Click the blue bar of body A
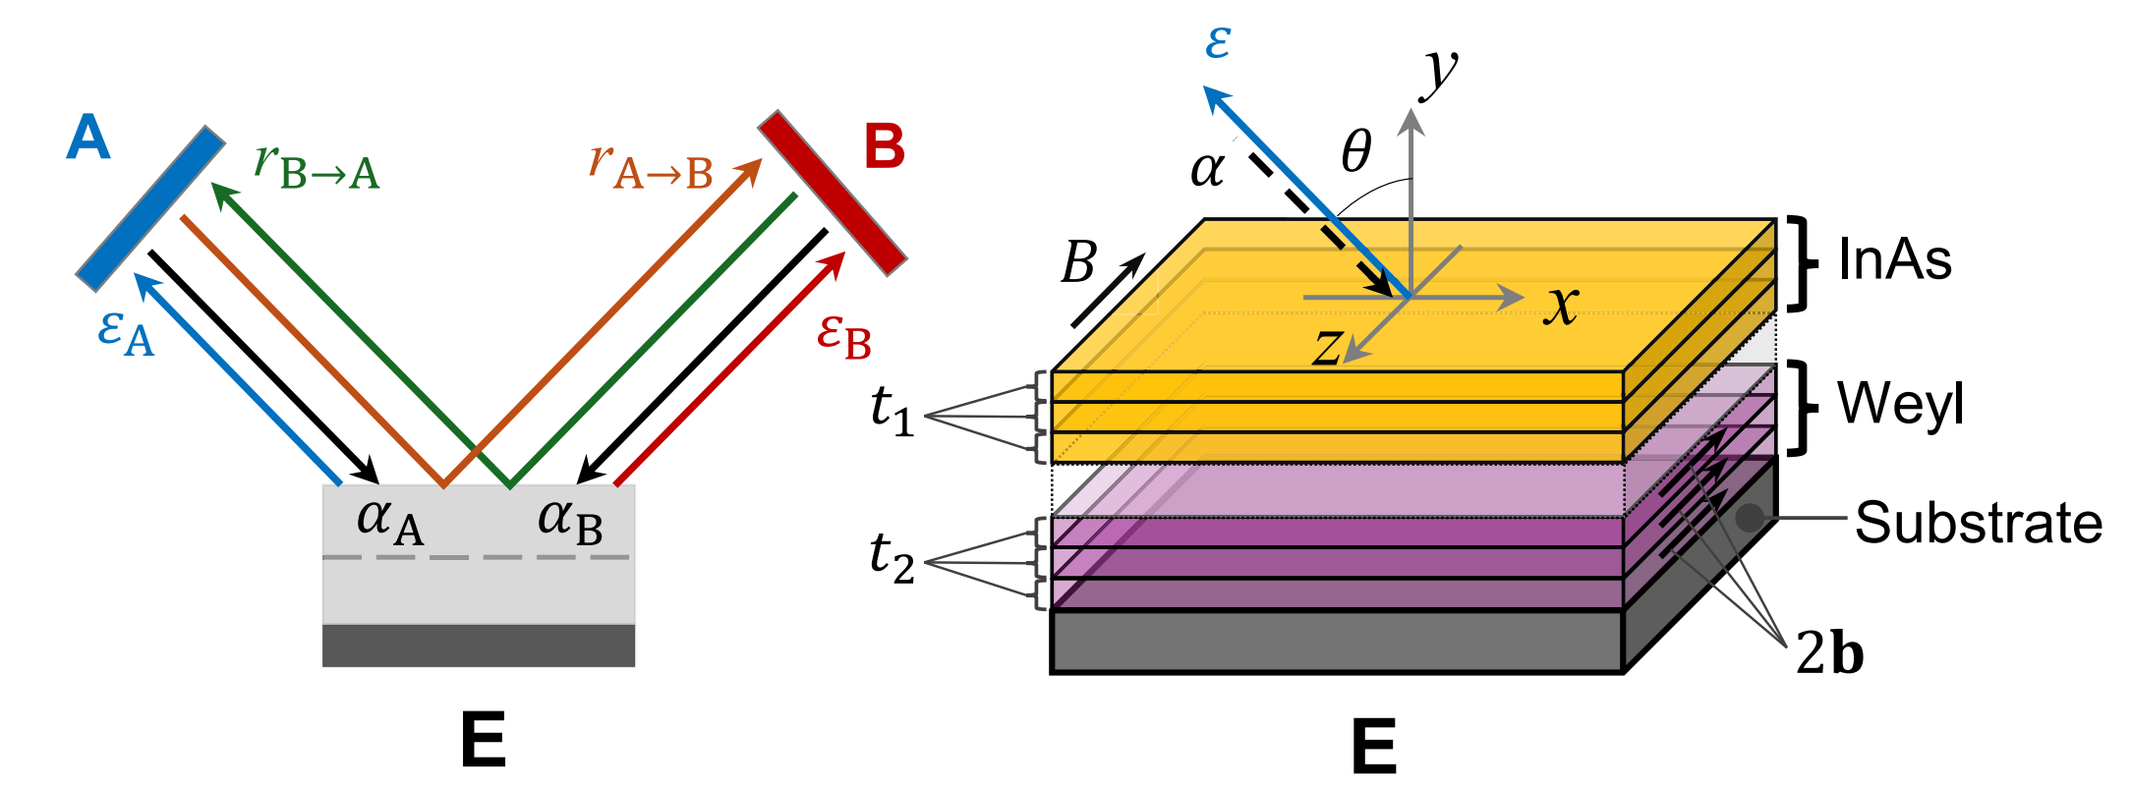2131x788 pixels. pyautogui.click(x=151, y=208)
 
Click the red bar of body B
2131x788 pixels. pyautogui.click(x=832, y=193)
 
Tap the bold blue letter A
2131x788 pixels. pyautogui.click(x=88, y=138)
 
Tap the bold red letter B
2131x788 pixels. pyautogui.click(x=884, y=147)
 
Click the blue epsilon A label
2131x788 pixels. pyautogui.click(x=126, y=334)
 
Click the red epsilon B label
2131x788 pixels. pyautogui.click(x=843, y=337)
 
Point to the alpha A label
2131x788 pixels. pyautogui.click(x=389, y=521)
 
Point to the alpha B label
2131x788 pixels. pyautogui.click(x=570, y=521)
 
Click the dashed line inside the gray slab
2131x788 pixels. pyautogui.click(x=477, y=557)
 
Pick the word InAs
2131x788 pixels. pyautogui.click(x=1894, y=260)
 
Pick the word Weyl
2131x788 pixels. pyautogui.click(x=1900, y=404)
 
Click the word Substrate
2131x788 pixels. pyautogui.click(x=1978, y=523)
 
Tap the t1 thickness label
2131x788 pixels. pyautogui.click(x=892, y=411)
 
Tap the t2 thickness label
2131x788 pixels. pyautogui.click(x=892, y=558)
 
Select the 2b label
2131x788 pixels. pyautogui.click(x=1829, y=652)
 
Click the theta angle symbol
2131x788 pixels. pyautogui.click(x=1356, y=152)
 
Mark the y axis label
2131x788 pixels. pyautogui.click(x=1441, y=71)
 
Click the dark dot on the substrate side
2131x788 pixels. pyautogui.click(x=1749, y=517)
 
